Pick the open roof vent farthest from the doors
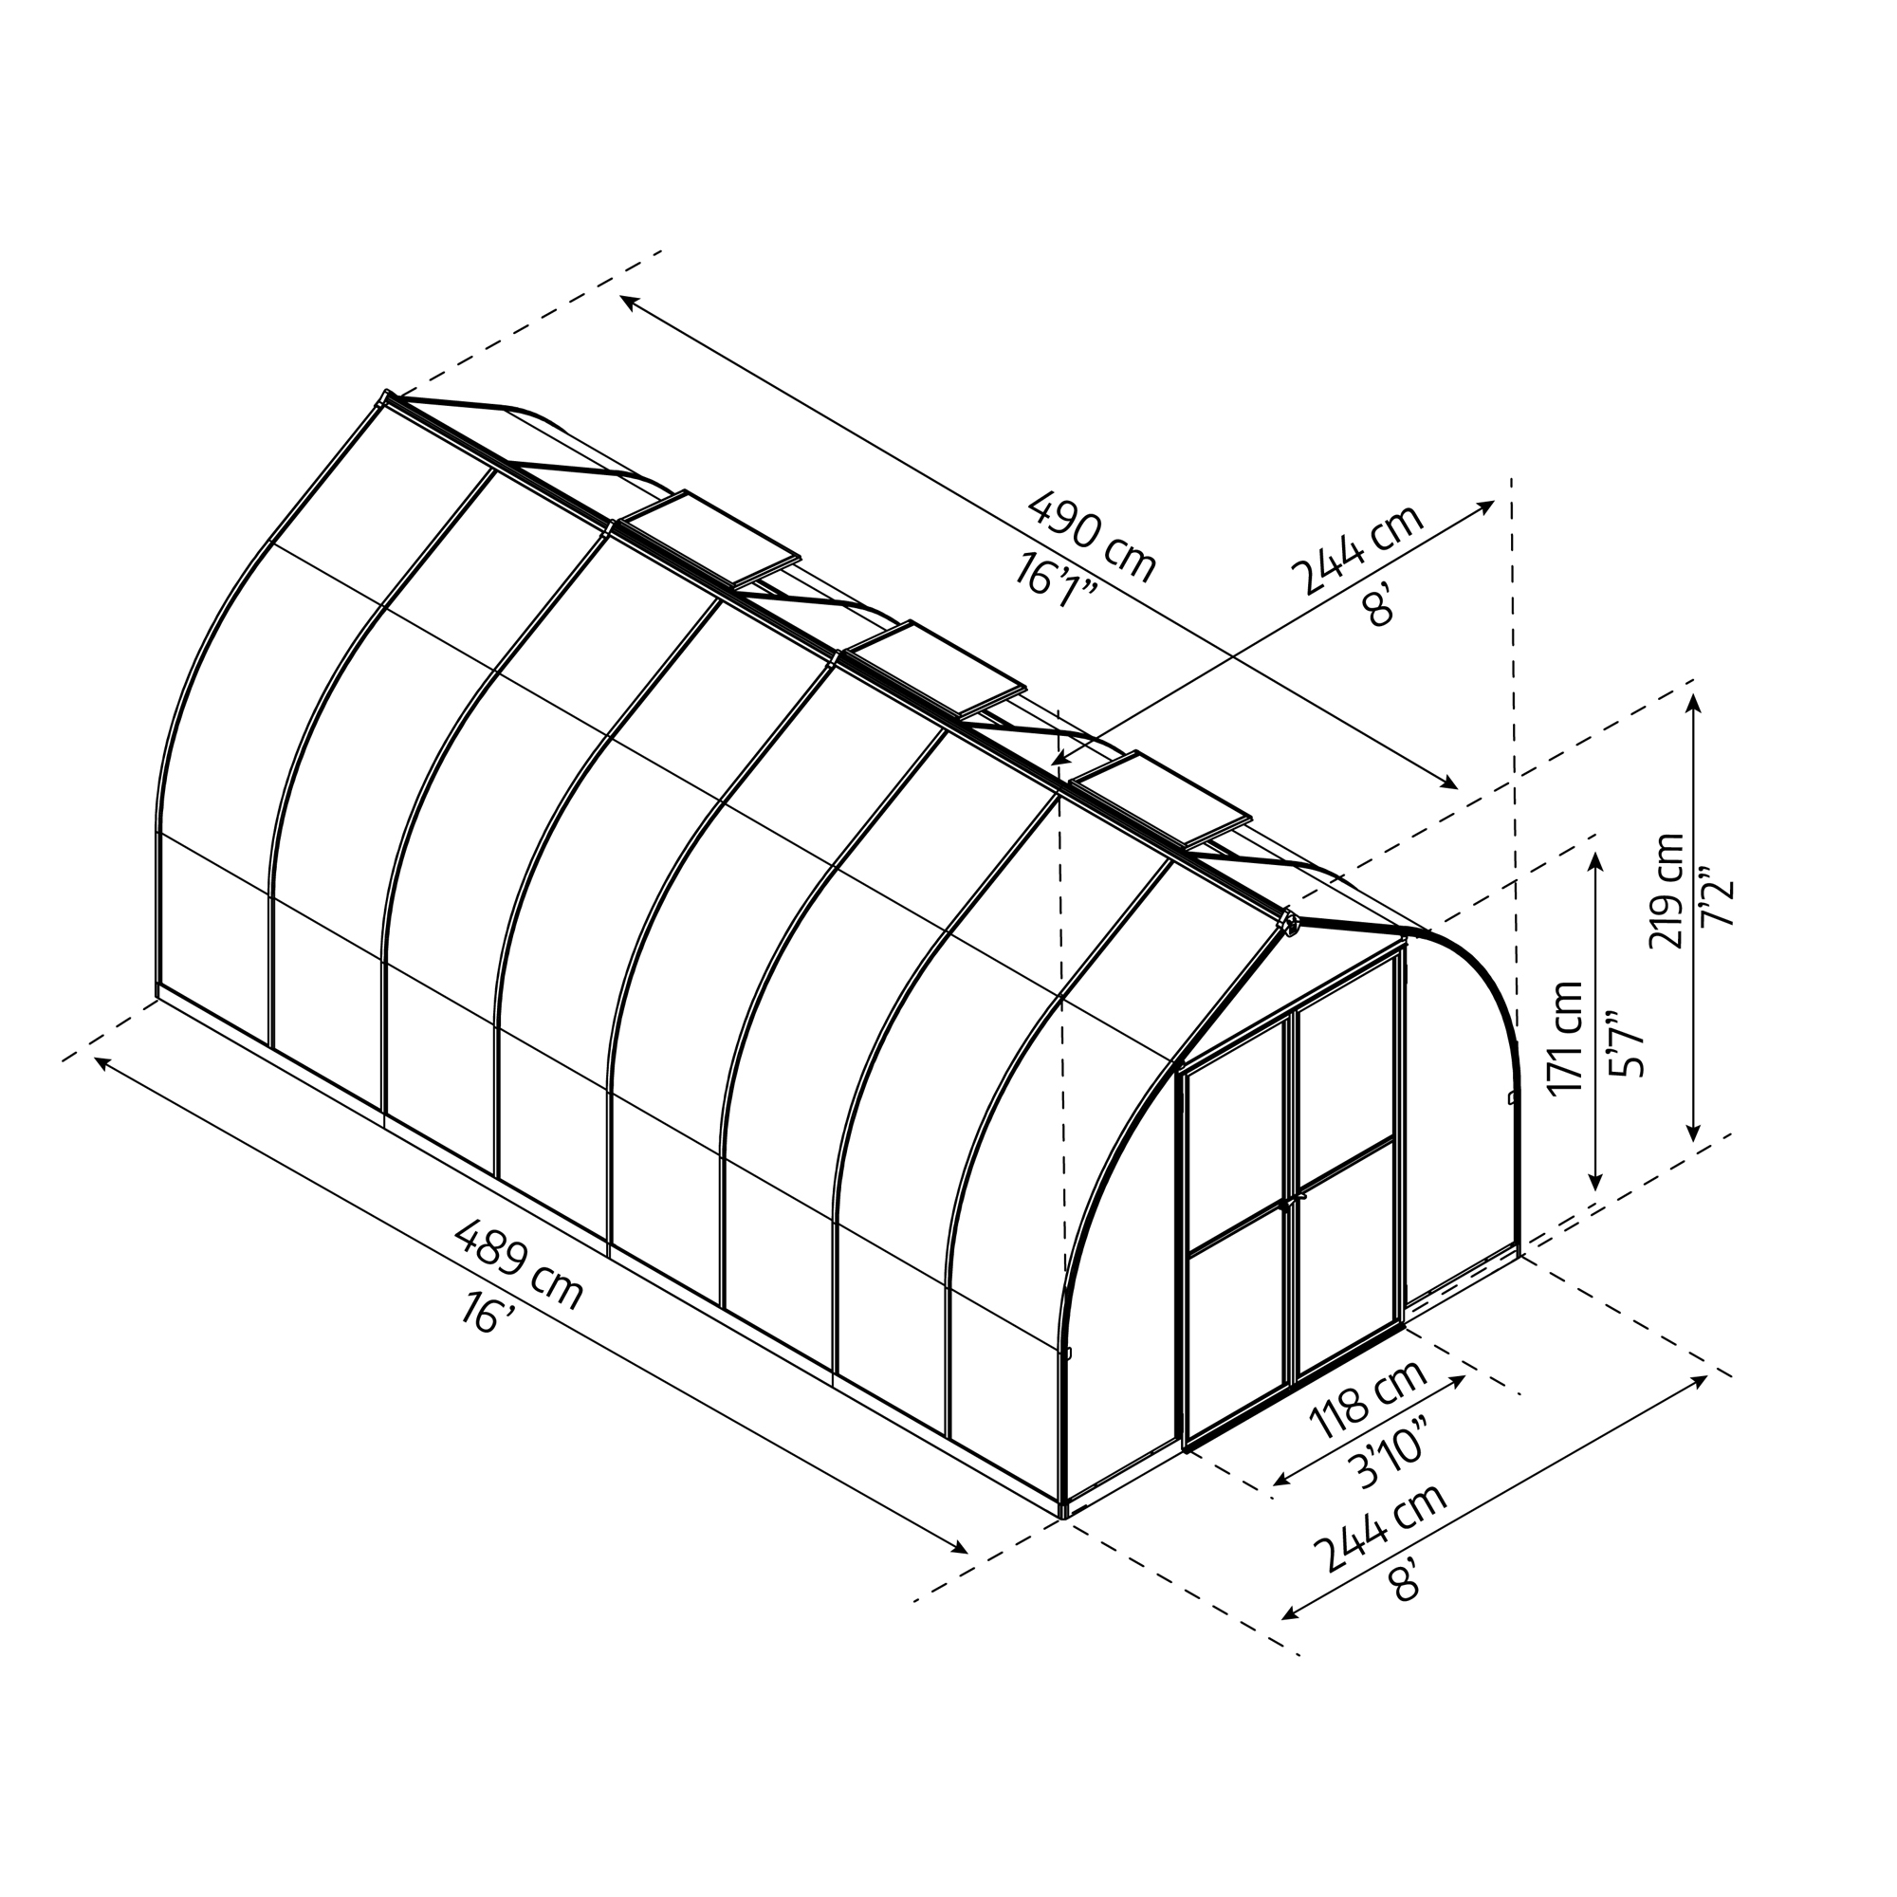tap(713, 537)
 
